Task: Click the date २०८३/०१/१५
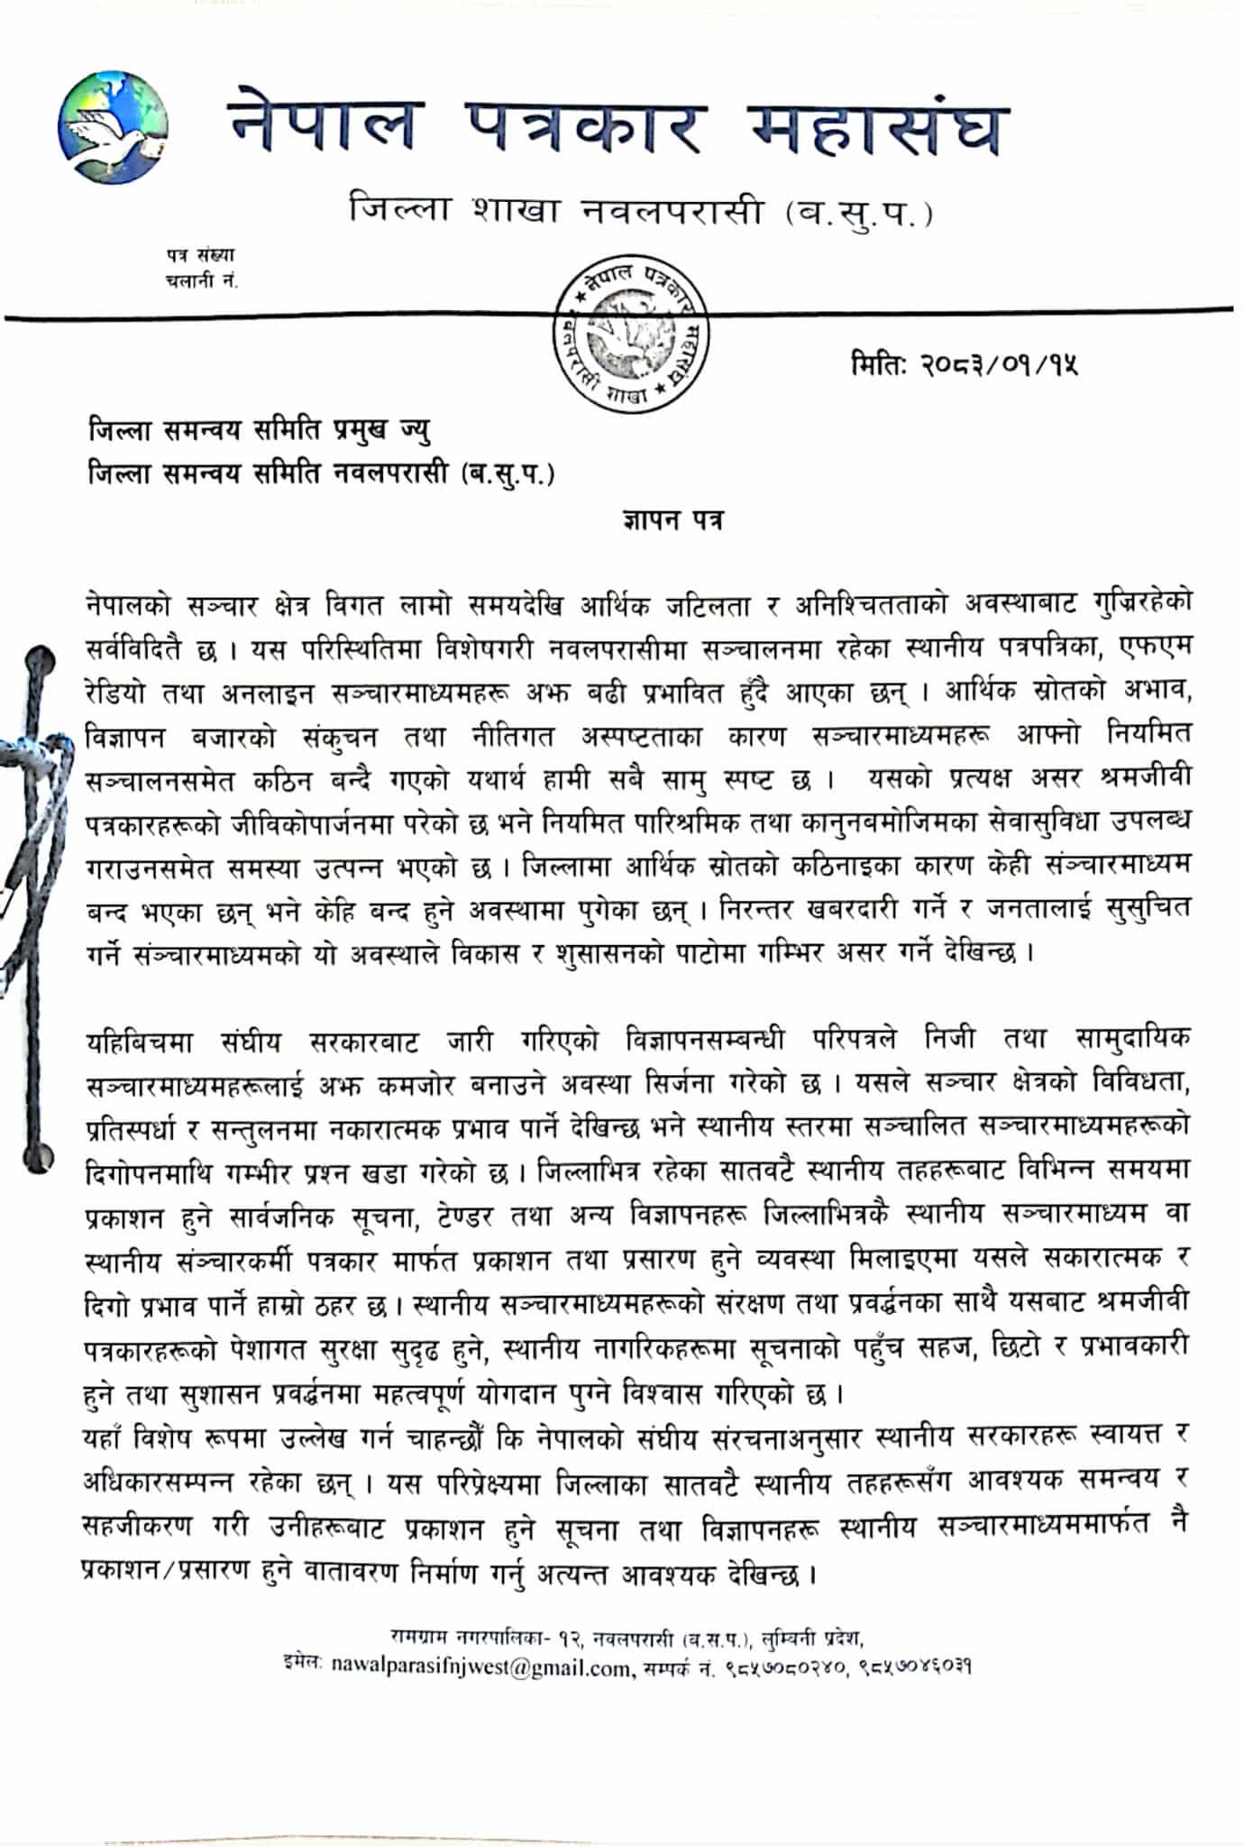click(1000, 364)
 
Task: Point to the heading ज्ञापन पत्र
click(672, 521)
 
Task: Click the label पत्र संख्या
click(199, 256)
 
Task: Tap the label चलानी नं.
click(201, 280)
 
